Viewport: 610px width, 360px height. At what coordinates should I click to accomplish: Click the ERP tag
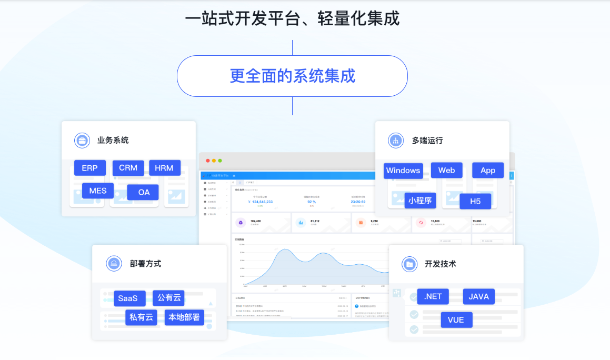(89, 168)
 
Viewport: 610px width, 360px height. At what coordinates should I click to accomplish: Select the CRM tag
(128, 168)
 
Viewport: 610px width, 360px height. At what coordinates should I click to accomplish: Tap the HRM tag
(165, 168)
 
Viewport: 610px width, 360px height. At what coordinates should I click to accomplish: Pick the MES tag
(98, 191)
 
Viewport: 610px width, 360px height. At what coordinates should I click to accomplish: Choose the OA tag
(144, 192)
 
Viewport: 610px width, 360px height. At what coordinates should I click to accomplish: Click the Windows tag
(403, 171)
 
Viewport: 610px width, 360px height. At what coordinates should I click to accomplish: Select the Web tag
(446, 171)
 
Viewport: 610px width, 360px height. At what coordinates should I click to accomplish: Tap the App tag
(488, 171)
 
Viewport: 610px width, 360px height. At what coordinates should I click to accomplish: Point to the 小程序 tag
(420, 201)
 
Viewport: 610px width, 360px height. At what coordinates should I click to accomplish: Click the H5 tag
(475, 201)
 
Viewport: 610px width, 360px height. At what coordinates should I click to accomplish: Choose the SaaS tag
(128, 298)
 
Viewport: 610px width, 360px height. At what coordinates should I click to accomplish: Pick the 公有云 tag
(168, 298)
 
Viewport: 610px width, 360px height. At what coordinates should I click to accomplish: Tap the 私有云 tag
(141, 317)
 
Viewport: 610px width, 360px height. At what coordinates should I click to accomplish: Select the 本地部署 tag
(184, 317)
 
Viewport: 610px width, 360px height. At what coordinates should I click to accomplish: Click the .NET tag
(433, 296)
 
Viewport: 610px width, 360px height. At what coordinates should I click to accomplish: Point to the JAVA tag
(478, 296)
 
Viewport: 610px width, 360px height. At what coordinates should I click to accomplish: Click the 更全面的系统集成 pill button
(292, 76)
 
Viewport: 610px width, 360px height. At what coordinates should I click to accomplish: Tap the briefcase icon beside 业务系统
(82, 141)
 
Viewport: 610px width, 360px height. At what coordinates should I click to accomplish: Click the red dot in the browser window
(208, 161)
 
